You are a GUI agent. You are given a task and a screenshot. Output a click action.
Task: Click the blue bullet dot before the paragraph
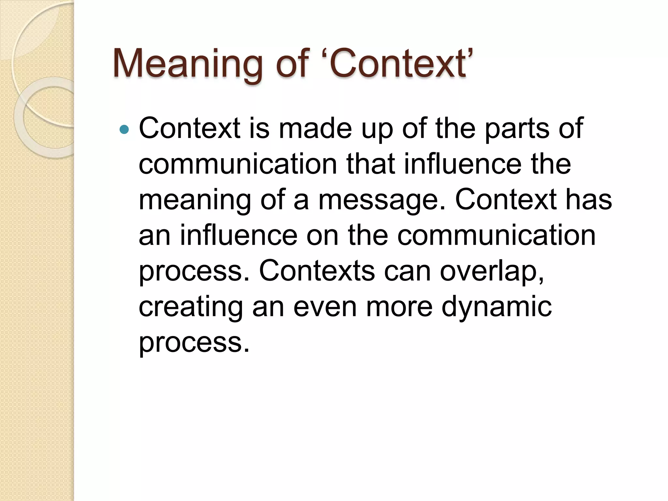click(124, 130)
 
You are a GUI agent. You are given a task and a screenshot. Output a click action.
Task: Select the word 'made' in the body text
click(315, 129)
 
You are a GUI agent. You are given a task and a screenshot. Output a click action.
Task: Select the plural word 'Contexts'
click(317, 271)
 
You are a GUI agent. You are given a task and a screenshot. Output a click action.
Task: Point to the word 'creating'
click(191, 307)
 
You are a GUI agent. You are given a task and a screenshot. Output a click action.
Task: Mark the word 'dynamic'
click(496, 307)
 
